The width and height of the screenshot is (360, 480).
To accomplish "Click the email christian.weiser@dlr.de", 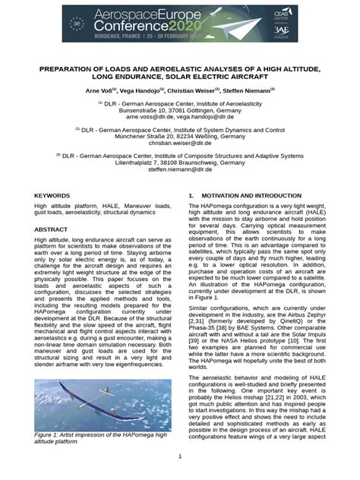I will pyautogui.click(x=180, y=143).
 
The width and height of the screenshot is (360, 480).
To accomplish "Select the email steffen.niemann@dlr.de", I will pyautogui.click(x=180, y=170).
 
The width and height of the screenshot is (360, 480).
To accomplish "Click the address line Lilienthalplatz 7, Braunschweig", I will pyautogui.click(x=180, y=163).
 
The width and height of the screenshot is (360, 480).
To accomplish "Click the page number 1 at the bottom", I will pyautogui.click(x=180, y=456).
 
